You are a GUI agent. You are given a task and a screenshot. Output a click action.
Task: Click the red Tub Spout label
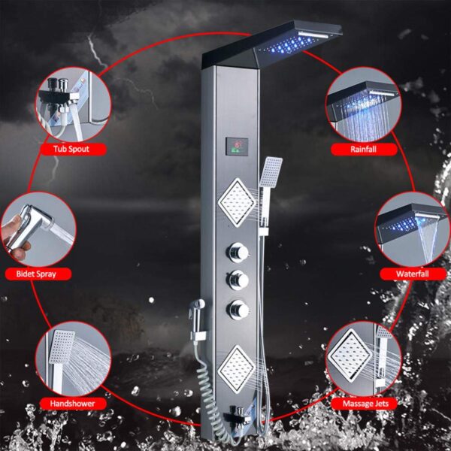[74, 150]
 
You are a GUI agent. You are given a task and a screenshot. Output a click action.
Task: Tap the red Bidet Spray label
[38, 274]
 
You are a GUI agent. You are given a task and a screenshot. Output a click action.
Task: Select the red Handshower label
[73, 404]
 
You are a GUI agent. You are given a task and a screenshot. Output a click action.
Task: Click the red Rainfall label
[364, 150]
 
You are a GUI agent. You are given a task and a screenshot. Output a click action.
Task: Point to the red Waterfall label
[413, 274]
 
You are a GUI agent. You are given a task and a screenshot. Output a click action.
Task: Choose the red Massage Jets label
[365, 404]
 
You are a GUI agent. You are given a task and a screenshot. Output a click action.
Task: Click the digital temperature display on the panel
[237, 147]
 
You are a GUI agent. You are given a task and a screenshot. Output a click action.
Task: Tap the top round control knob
[238, 253]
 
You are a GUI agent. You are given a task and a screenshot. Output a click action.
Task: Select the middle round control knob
[238, 280]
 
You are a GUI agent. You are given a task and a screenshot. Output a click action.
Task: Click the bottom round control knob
[238, 310]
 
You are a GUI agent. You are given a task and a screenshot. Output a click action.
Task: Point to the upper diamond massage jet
[237, 202]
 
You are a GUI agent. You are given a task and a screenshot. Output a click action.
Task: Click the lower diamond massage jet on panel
[237, 370]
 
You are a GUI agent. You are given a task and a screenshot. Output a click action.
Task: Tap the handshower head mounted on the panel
[271, 172]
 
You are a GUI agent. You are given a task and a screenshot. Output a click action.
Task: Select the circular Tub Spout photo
[74, 104]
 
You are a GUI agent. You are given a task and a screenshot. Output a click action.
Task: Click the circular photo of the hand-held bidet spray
[38, 229]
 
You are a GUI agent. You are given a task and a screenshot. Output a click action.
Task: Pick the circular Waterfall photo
[413, 229]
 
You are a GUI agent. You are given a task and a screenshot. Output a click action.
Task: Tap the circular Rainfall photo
[364, 104]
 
